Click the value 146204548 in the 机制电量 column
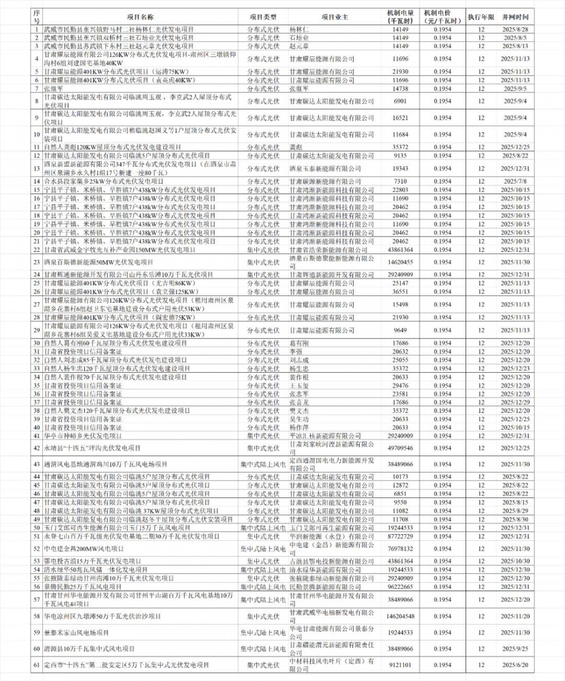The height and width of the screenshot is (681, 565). coord(401,616)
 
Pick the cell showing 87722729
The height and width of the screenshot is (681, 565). coord(401,536)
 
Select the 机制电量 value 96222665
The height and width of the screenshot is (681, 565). coord(401,587)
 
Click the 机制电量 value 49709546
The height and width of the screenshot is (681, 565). coord(401,448)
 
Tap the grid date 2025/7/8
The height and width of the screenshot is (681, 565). coord(515,181)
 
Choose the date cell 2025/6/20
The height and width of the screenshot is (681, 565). coord(515,665)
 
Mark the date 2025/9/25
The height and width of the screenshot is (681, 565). coord(515,649)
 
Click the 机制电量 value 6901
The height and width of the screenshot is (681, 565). coord(401,101)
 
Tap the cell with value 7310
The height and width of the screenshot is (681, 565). coord(401,181)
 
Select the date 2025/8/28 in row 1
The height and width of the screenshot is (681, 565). coord(515,29)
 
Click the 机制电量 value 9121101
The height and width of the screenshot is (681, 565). coord(401,665)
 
